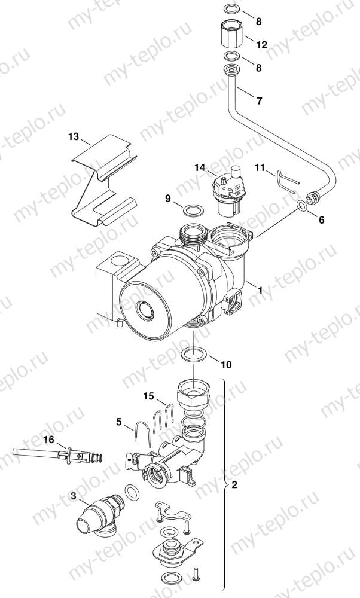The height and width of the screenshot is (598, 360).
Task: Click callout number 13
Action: [x=73, y=137]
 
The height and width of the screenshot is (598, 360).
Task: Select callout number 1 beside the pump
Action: [x=260, y=289]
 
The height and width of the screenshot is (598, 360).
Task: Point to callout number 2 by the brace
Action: [x=234, y=485]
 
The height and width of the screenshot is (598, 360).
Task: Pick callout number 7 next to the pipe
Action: [x=259, y=100]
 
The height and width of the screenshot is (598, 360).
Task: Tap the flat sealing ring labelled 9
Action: [x=192, y=210]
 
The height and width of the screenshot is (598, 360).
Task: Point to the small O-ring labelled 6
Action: [x=303, y=207]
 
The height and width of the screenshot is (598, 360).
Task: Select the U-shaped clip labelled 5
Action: [x=142, y=435]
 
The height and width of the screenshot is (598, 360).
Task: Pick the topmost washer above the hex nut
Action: [x=231, y=10]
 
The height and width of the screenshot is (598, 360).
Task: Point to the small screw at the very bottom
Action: [x=197, y=578]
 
